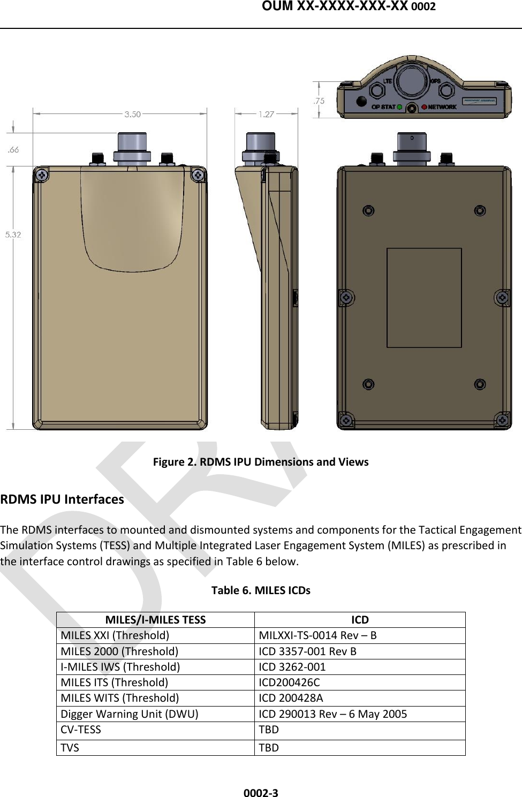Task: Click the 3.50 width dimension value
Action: (132, 114)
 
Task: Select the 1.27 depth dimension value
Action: (266, 114)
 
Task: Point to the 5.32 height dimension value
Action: (13, 234)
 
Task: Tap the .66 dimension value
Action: (13, 150)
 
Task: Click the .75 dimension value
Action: (319, 101)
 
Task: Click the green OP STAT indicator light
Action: (399, 107)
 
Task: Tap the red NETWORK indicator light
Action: (424, 107)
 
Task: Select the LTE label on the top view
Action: (388, 81)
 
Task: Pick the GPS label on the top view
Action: (435, 81)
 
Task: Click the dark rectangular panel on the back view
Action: (424, 298)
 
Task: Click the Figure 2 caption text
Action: (261, 462)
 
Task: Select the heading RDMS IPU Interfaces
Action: (62, 499)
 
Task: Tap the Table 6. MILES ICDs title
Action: (261, 590)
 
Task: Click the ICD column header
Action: (360, 620)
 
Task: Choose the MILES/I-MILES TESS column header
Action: (155, 620)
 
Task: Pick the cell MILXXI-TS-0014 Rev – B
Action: (317, 635)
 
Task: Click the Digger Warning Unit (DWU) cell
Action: (129, 714)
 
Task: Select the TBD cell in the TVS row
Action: (269, 748)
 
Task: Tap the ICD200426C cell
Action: (289, 682)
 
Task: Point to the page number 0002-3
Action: (261, 793)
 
